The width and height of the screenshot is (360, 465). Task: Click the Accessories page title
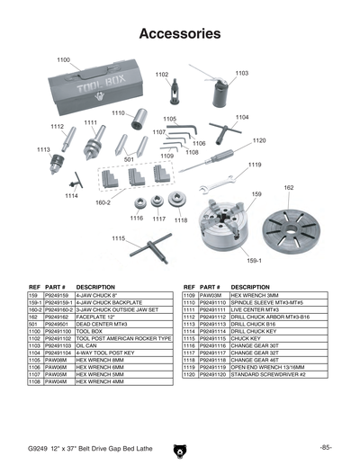tap(180, 34)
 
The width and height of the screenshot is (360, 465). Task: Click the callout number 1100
tap(64, 59)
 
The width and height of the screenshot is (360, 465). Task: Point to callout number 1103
tap(242, 73)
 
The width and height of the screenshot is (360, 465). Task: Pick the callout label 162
tap(289, 188)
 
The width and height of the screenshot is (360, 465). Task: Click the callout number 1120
tap(259, 141)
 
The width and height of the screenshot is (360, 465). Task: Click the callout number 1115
tap(118, 238)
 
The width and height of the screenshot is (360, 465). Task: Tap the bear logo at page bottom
tap(180, 445)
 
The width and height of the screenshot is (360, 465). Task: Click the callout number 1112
tap(58, 127)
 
